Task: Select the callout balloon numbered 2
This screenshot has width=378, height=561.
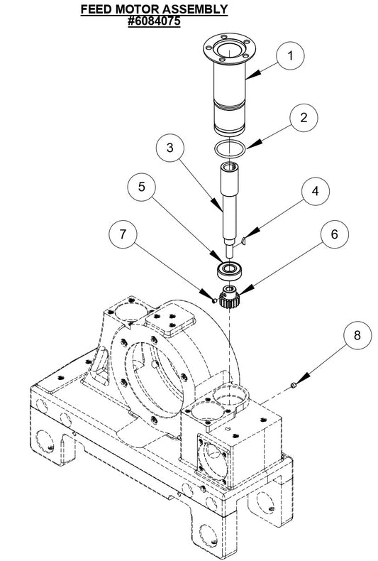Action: pyautogui.click(x=303, y=118)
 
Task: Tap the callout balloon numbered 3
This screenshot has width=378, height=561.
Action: pyautogui.click(x=170, y=150)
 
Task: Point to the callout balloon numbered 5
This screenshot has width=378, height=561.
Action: pyautogui.click(x=142, y=187)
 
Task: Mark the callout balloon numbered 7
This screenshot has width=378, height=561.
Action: pyautogui.click(x=123, y=235)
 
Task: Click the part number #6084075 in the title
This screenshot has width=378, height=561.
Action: pyautogui.click(x=154, y=21)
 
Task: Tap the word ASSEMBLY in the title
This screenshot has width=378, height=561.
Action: pyautogui.click(x=195, y=9)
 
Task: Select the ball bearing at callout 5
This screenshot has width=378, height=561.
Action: pyautogui.click(x=229, y=270)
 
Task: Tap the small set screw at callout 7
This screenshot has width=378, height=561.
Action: pyautogui.click(x=213, y=298)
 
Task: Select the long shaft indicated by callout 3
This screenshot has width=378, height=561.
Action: pyautogui.click(x=229, y=206)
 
